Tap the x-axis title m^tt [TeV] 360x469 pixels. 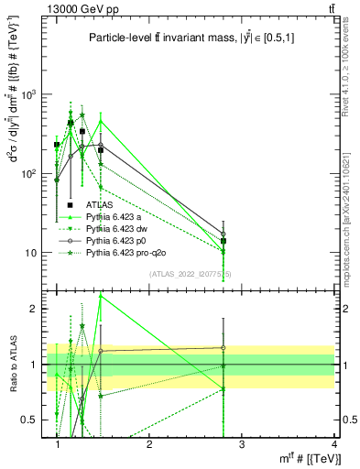pyautogui.click(x=307, y=458)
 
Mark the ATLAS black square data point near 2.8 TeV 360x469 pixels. pyautogui.click(x=223, y=241)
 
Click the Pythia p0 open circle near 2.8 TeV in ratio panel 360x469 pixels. pyautogui.click(x=223, y=347)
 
